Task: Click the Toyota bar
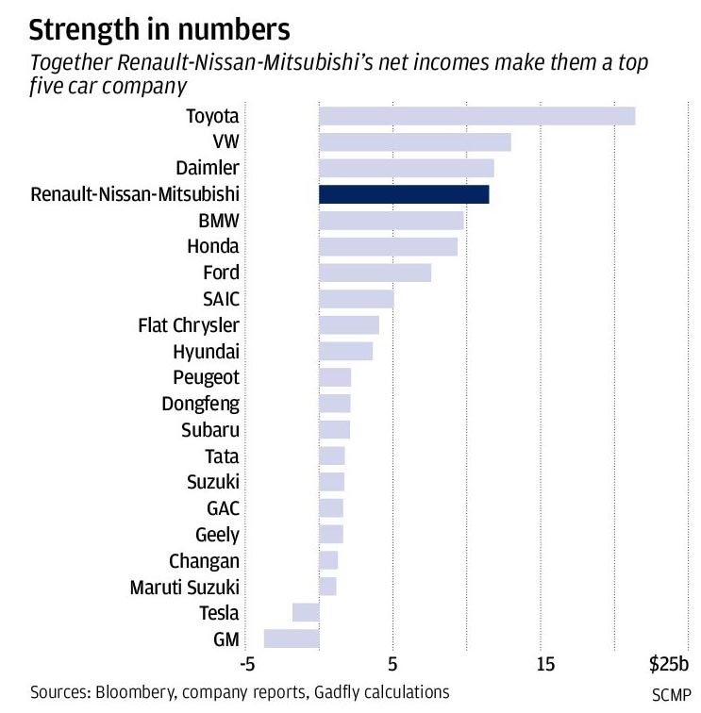476,116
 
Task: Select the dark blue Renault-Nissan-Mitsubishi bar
404,194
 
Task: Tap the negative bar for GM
292,638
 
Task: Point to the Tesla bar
306,613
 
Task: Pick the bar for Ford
375,273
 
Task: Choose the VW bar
414,142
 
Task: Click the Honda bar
388,247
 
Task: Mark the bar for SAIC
356,299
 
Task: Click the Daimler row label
208,168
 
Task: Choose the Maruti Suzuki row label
185,587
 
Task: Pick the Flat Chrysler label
189,325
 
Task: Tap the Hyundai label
207,352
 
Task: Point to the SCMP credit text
671,696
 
